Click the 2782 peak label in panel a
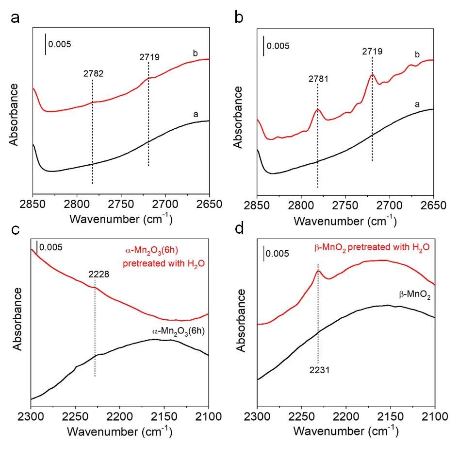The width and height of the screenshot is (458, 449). [92, 74]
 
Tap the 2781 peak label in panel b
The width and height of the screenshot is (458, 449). [318, 78]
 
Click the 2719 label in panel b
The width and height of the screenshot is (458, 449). [372, 51]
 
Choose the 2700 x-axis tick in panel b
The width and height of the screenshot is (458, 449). [390, 205]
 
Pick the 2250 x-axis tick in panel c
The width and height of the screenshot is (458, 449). [75, 416]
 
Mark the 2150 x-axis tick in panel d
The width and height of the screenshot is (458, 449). [391, 416]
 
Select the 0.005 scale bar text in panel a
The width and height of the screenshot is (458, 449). [60, 45]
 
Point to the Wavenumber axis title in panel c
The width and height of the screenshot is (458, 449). [120, 431]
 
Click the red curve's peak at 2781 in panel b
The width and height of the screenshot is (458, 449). [318, 109]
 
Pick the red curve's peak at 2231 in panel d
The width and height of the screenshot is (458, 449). [318, 271]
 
